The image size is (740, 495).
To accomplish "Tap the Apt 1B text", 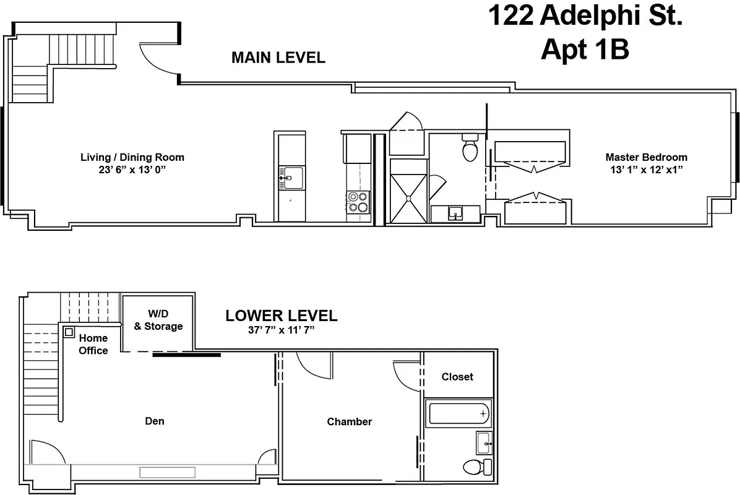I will coord(585,49).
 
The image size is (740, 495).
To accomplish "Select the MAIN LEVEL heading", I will coord(278,58).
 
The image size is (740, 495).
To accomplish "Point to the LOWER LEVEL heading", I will coord(281,316).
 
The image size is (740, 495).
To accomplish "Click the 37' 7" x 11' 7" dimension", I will coord(281,330).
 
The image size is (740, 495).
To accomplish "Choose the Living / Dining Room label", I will coord(132,157).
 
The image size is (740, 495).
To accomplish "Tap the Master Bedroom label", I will coord(646,157).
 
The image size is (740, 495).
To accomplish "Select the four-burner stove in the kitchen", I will coord(357,202).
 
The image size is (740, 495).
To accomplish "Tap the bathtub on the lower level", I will coord(458,413).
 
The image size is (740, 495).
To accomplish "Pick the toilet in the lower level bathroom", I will coord(475,466).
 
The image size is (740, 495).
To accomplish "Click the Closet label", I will coord(457,376).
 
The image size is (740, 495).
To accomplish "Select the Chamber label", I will coord(350,421).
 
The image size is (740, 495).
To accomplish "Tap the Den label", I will coord(155,421).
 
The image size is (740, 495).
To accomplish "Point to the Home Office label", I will coord(93,344).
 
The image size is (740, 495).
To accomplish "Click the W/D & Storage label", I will coord(158,320).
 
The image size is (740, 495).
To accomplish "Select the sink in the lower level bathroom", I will coord(484,442).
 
